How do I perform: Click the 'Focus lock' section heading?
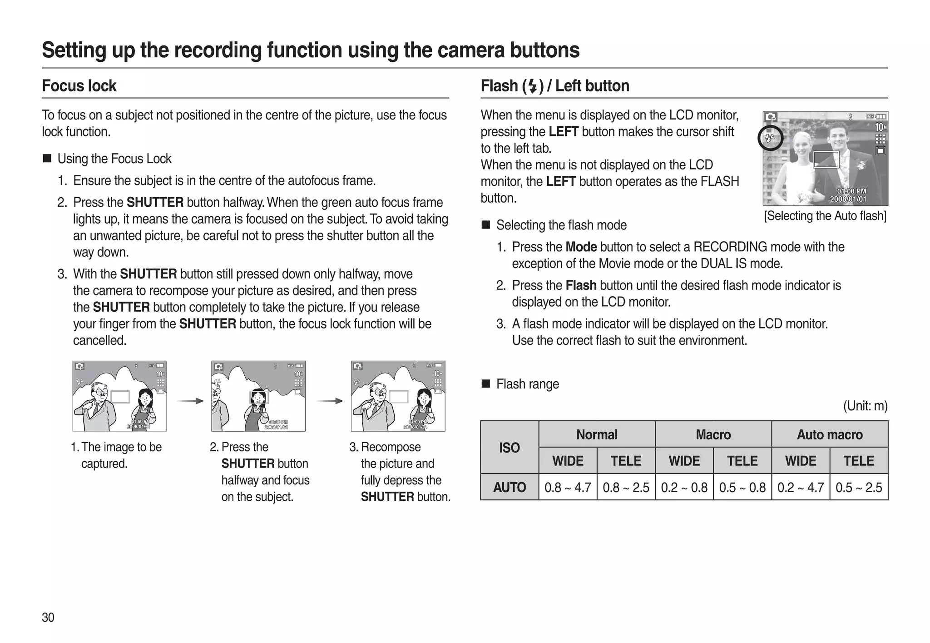pos(79,86)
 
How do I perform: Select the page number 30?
pos(48,617)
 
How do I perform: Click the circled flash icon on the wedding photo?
pos(771,138)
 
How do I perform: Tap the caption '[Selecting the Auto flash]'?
pos(825,215)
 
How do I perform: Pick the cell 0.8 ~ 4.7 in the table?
pos(568,488)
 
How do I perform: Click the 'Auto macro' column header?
pos(830,434)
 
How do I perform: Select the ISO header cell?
pos(510,448)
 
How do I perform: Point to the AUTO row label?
pos(510,488)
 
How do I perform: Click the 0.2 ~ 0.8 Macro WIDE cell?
pos(684,488)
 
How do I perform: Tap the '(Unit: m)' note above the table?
pos(865,406)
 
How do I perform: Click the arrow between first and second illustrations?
pos(189,401)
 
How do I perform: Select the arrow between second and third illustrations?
pos(329,401)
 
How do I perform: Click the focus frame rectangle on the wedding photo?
pos(826,160)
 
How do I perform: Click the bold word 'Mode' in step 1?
pos(581,247)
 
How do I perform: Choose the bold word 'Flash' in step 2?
pos(581,285)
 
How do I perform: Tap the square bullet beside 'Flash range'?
pos(485,384)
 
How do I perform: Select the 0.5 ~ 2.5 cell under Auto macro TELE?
pos(859,488)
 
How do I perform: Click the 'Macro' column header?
pos(713,434)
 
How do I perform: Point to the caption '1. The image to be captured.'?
pos(117,455)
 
